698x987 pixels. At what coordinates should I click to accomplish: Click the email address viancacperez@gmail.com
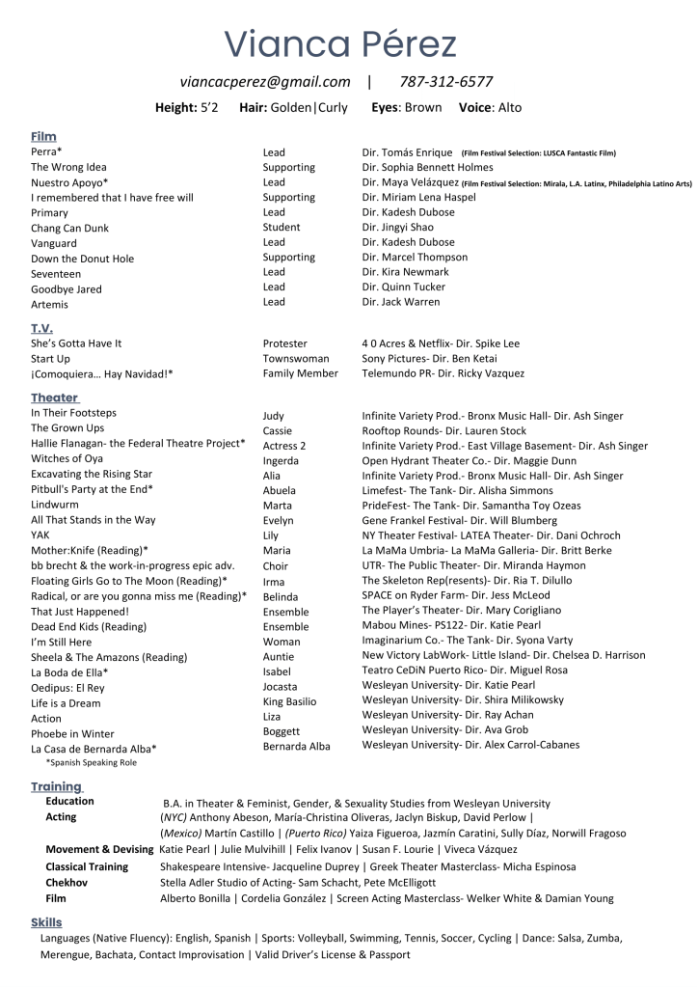coord(265,82)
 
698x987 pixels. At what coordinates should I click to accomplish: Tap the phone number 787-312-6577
coord(445,82)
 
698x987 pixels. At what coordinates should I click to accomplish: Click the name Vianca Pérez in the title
coord(341,43)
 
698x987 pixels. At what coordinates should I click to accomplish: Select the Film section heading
coord(43,137)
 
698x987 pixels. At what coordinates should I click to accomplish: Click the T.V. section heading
coord(41,328)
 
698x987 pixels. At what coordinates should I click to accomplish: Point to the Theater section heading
coord(54,398)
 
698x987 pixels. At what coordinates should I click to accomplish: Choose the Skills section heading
coord(46,922)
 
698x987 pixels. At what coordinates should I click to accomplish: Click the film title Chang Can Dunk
coord(69,228)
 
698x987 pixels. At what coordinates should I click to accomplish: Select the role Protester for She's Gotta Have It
coord(285,343)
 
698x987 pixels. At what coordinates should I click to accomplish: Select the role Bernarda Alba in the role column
coord(296,747)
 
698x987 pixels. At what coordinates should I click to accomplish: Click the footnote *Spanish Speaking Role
coord(91,762)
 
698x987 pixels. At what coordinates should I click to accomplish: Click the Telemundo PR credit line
coord(443,373)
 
